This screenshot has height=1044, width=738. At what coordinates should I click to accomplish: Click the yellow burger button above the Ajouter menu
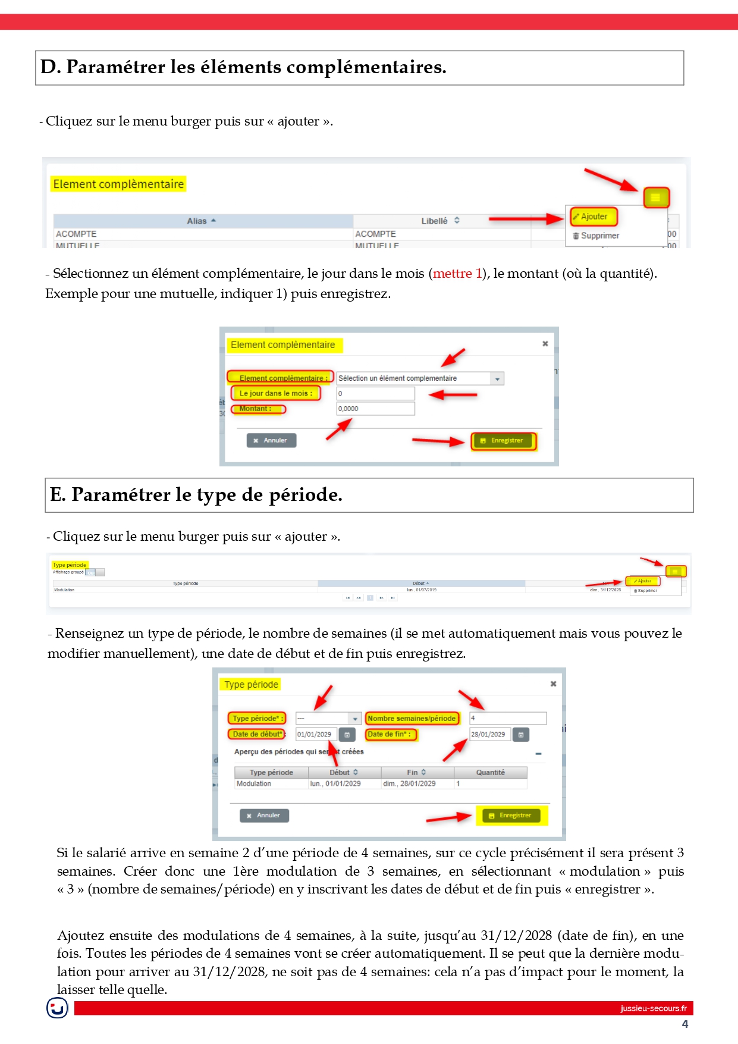tap(656, 197)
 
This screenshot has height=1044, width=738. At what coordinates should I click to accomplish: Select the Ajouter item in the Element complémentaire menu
tap(593, 217)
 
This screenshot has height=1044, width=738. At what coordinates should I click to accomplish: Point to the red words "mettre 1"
tap(457, 274)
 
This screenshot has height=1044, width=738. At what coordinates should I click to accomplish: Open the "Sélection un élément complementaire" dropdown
tap(420, 378)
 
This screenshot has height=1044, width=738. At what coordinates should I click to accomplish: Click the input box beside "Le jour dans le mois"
tap(375, 393)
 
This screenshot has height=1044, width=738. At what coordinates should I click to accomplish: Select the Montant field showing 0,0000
tap(375, 409)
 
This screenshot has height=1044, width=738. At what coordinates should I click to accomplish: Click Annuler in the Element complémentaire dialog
tap(271, 440)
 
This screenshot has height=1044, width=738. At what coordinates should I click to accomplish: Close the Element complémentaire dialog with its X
tap(545, 344)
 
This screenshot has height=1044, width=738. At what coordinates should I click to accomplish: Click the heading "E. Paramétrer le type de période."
tap(196, 495)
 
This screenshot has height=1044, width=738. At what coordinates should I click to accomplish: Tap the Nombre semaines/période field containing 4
tap(507, 718)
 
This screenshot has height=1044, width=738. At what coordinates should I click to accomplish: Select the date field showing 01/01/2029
tap(316, 734)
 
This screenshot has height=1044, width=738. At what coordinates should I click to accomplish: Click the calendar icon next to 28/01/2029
tap(521, 735)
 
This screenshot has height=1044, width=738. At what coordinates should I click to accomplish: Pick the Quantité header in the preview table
tap(490, 772)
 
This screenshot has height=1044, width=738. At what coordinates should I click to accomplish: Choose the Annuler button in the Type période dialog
tap(264, 816)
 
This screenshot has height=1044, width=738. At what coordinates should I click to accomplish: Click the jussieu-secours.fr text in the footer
tap(653, 1008)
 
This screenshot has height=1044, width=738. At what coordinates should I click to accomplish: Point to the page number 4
tap(684, 1024)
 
